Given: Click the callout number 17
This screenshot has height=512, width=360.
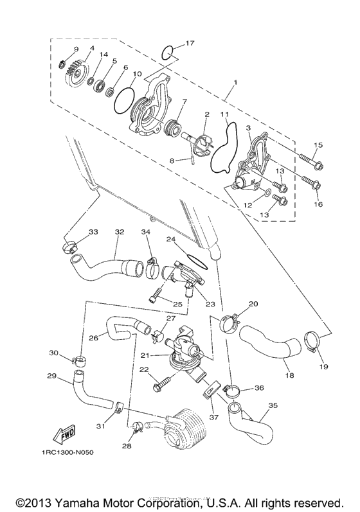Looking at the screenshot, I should pos(190,43).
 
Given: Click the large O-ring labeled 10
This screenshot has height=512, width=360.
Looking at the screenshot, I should pos(123,99).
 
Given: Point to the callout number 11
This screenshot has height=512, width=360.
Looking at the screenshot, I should pos(224,115).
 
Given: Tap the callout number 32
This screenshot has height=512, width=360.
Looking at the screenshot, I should pos(119,232).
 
